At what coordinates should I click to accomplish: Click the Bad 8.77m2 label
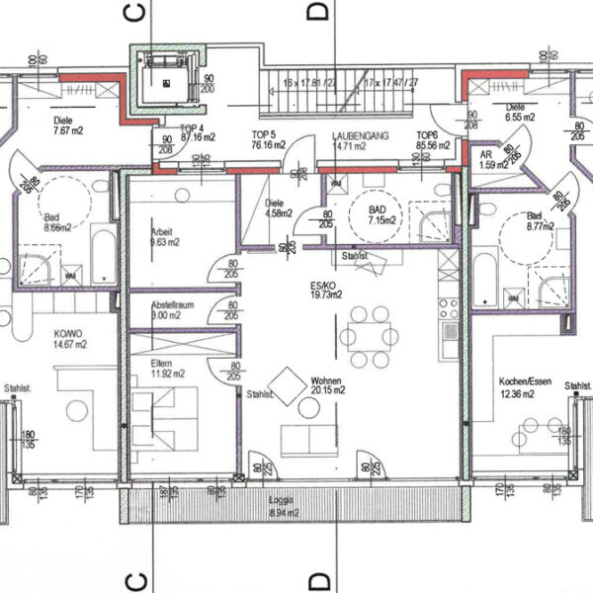(x=535, y=220)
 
